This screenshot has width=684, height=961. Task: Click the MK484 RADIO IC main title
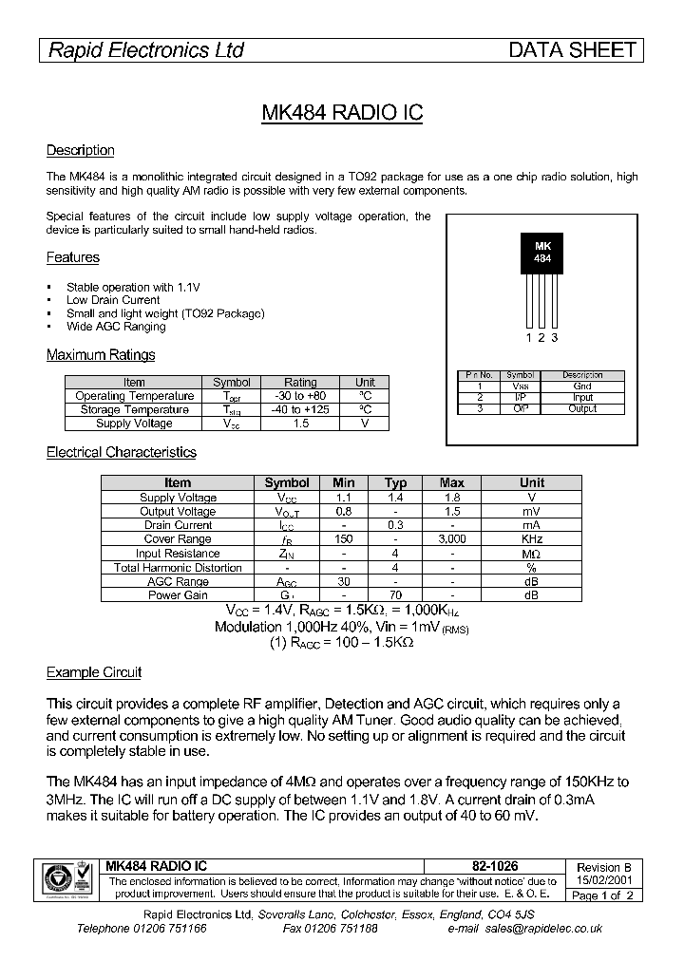(342, 112)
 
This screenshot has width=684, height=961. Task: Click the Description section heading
(81, 150)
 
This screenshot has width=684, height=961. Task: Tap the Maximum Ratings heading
(101, 355)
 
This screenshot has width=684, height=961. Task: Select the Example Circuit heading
(94, 672)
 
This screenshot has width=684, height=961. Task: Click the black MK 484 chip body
(541, 252)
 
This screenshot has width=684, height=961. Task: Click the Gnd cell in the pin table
(582, 386)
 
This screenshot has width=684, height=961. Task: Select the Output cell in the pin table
(582, 408)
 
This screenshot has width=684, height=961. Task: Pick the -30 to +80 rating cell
(300, 396)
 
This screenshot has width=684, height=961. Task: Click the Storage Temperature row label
(134, 410)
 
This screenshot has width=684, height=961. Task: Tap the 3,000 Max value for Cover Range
(452, 539)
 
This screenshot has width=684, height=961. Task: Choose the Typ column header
(395, 483)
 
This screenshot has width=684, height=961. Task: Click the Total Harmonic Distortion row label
(178, 568)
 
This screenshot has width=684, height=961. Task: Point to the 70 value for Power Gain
(395, 595)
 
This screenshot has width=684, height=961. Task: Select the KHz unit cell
(532, 539)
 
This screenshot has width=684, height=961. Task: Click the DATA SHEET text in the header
(572, 50)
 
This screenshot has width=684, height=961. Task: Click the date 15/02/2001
(604, 880)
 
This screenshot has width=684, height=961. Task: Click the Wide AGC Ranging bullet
(116, 327)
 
